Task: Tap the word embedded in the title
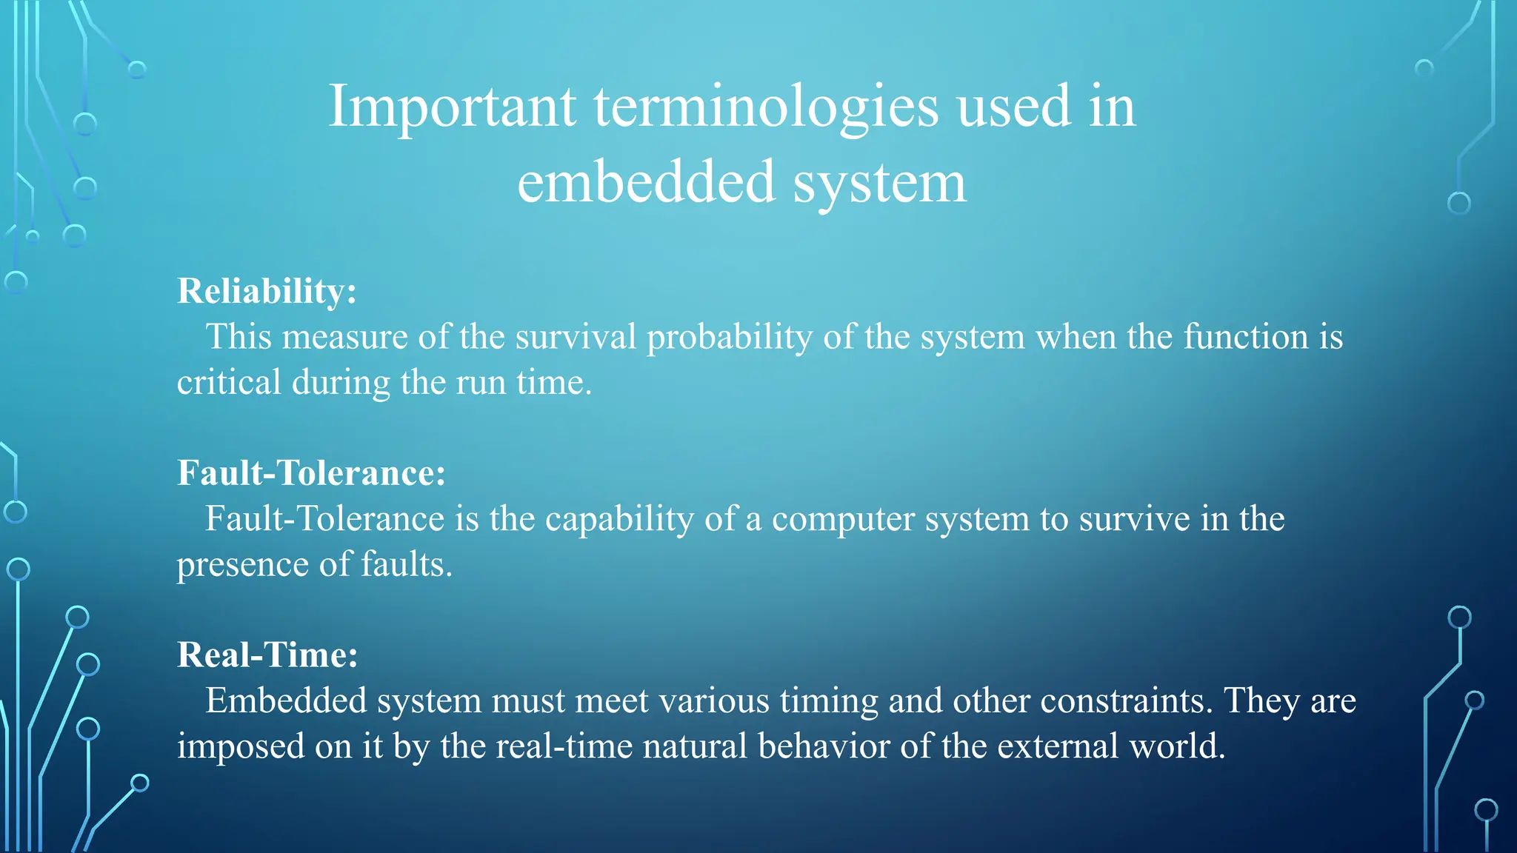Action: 646,183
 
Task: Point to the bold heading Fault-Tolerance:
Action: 311,473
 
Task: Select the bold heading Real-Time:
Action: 267,655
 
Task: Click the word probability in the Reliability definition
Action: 729,338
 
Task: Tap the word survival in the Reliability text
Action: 576,338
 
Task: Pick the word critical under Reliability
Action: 229,383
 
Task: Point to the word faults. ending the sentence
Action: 406,565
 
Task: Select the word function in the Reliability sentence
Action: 1246,338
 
